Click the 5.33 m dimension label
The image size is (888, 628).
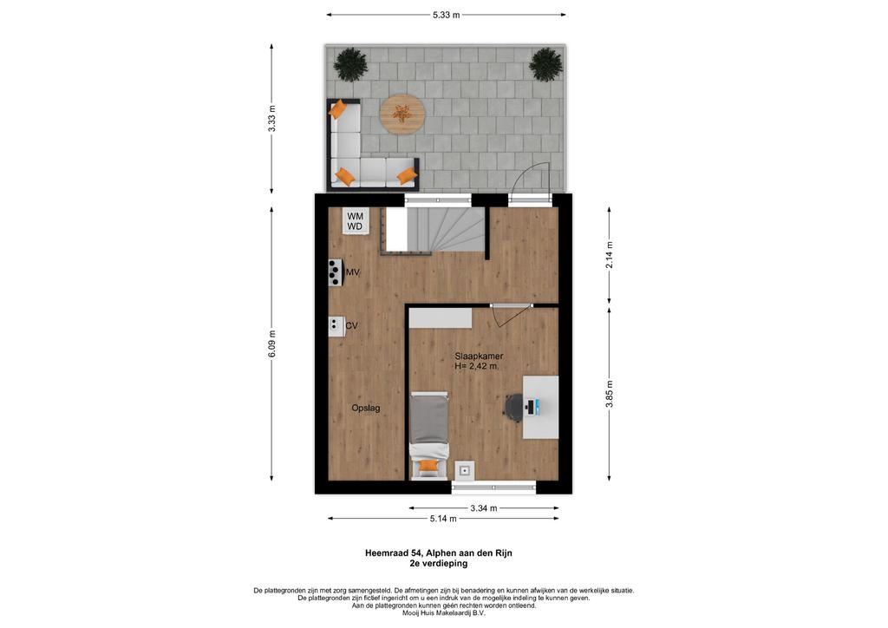(x=446, y=16)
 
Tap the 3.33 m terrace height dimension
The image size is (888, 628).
(x=272, y=119)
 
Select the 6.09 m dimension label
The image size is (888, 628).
(x=272, y=343)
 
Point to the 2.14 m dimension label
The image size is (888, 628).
(x=610, y=255)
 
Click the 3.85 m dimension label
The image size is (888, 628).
(x=610, y=394)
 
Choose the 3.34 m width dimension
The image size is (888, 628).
(x=484, y=508)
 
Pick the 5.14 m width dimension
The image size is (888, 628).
(x=443, y=518)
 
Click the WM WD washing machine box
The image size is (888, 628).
(x=356, y=221)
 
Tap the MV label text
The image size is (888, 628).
(x=353, y=272)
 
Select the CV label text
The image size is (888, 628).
(x=352, y=325)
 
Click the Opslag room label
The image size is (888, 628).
(x=366, y=408)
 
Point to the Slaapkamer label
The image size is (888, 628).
(x=479, y=357)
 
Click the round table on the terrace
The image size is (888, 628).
(x=402, y=114)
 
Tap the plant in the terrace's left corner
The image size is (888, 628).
(x=351, y=64)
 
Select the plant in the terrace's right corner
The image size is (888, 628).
(x=546, y=64)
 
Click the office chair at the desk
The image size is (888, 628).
(x=514, y=407)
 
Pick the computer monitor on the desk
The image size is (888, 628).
(x=536, y=407)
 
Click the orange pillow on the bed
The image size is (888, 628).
(x=429, y=466)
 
